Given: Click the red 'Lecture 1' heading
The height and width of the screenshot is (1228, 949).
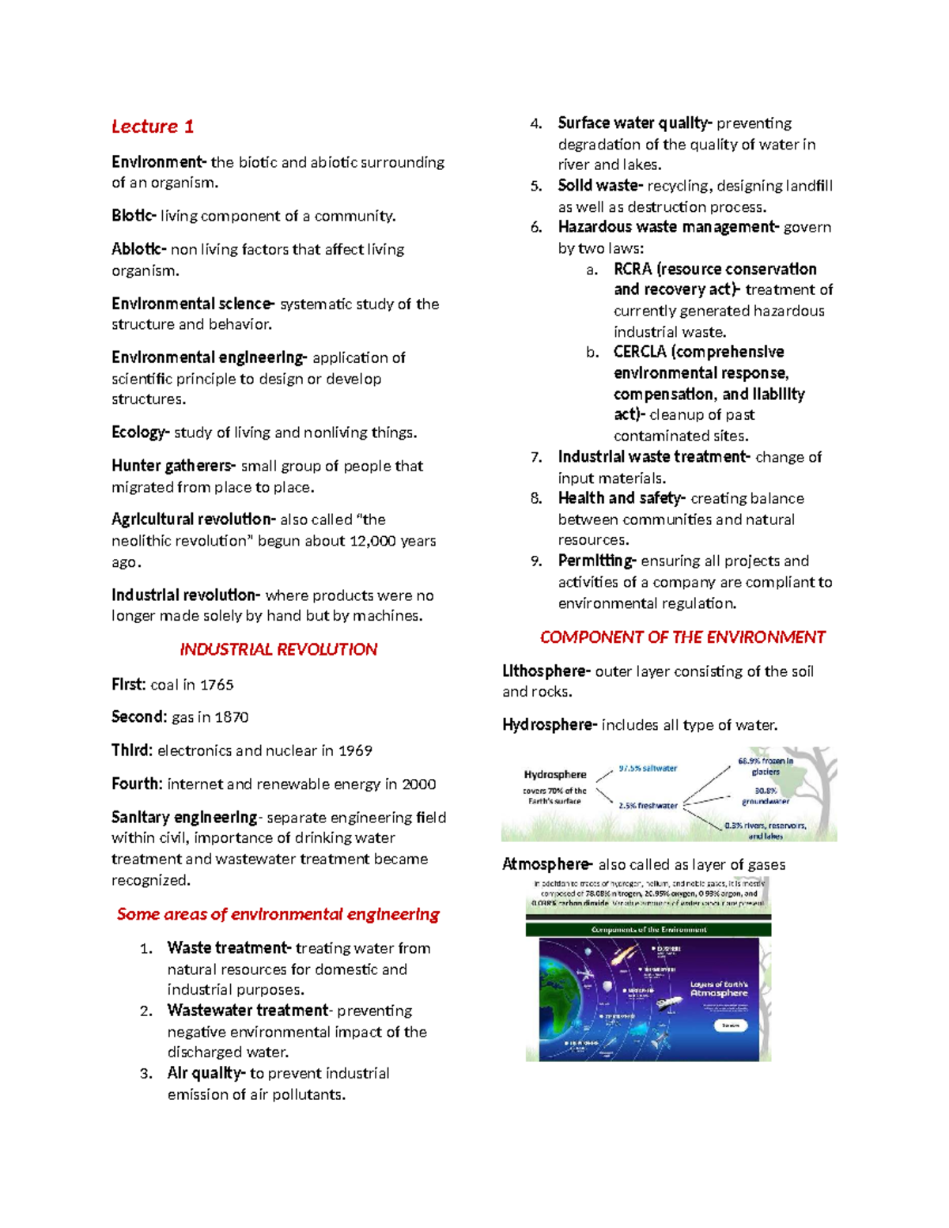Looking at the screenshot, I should tap(153, 127).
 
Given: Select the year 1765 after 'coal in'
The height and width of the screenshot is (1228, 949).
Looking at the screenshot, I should tap(216, 685).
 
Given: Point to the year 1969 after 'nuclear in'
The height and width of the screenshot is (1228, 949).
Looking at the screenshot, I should tap(355, 750).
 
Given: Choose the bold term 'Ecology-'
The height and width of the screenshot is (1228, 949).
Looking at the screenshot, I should tap(141, 433).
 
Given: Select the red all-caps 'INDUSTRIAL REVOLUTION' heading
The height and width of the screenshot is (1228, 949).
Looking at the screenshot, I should tap(278, 649).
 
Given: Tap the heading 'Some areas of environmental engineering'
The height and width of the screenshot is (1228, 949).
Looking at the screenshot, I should tap(278, 914).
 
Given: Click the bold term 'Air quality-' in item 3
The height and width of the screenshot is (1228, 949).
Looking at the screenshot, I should tap(206, 1073).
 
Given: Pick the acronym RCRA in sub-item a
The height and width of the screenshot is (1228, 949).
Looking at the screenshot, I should tap(632, 269).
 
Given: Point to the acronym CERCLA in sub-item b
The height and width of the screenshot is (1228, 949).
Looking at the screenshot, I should tap(639, 352).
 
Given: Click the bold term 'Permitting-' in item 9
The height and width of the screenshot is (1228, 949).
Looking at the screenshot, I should tap(597, 561).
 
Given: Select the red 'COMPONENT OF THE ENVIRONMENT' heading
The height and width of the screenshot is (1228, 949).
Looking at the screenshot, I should tap(682, 637).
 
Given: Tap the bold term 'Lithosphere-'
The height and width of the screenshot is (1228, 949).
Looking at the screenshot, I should tap(546, 671).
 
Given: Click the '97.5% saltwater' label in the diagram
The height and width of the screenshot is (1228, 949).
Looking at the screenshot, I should tap(648, 768).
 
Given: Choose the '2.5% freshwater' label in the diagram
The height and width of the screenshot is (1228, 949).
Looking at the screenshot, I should tap(648, 806).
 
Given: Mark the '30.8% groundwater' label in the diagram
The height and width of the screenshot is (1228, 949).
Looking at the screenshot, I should tap(766, 795).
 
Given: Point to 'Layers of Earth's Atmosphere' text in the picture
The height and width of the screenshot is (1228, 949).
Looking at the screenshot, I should tap(719, 989).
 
